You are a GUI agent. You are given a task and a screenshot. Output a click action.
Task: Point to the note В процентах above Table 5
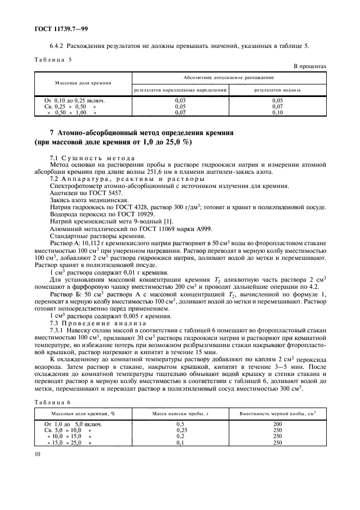coord(310,66)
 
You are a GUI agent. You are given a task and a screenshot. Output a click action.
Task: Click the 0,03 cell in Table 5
coord(180,101)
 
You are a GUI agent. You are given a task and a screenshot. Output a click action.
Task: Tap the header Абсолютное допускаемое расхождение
coord(229,77)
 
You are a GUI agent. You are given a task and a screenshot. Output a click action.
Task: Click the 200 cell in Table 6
coord(277,424)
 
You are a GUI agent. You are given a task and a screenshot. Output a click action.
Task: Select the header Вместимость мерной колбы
coord(276,415)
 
